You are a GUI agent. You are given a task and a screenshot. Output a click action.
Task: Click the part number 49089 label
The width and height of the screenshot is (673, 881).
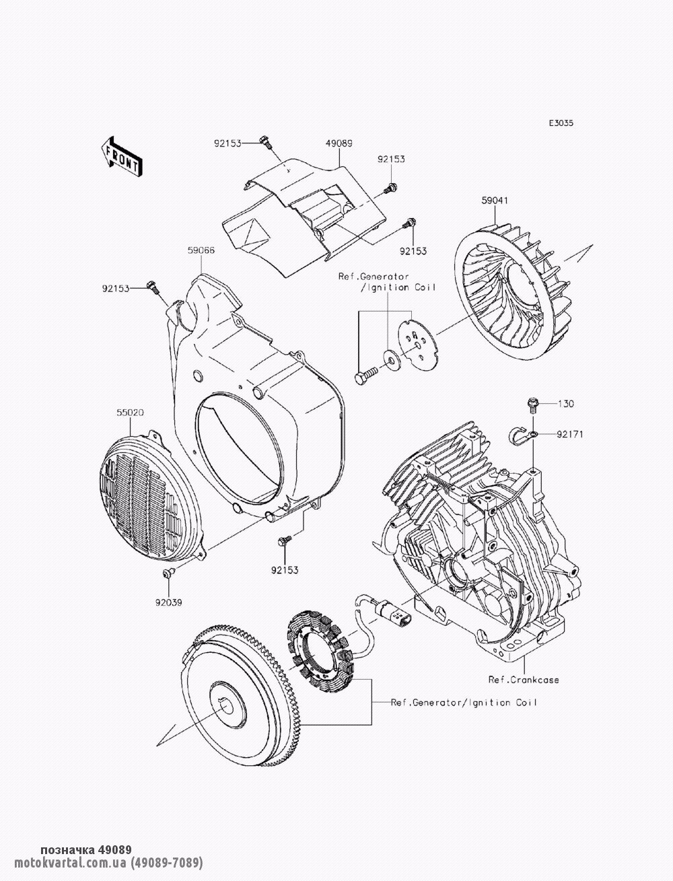[339, 143]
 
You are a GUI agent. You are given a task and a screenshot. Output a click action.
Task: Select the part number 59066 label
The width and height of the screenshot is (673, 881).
[201, 250]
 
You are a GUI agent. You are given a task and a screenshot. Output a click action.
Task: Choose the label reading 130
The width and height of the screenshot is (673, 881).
[567, 404]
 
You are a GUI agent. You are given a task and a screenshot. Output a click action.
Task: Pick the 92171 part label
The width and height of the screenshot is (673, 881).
[569, 435]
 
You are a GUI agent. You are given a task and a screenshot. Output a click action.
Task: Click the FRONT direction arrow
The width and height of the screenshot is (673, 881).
[121, 157]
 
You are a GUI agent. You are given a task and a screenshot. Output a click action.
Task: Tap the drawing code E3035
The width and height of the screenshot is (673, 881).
[561, 123]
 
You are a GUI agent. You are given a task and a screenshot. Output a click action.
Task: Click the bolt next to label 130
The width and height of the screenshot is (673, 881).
[532, 404]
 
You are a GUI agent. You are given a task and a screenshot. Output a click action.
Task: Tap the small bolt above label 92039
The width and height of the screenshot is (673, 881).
[168, 572]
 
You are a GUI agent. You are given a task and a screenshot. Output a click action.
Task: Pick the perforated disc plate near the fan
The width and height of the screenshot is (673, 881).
[415, 343]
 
